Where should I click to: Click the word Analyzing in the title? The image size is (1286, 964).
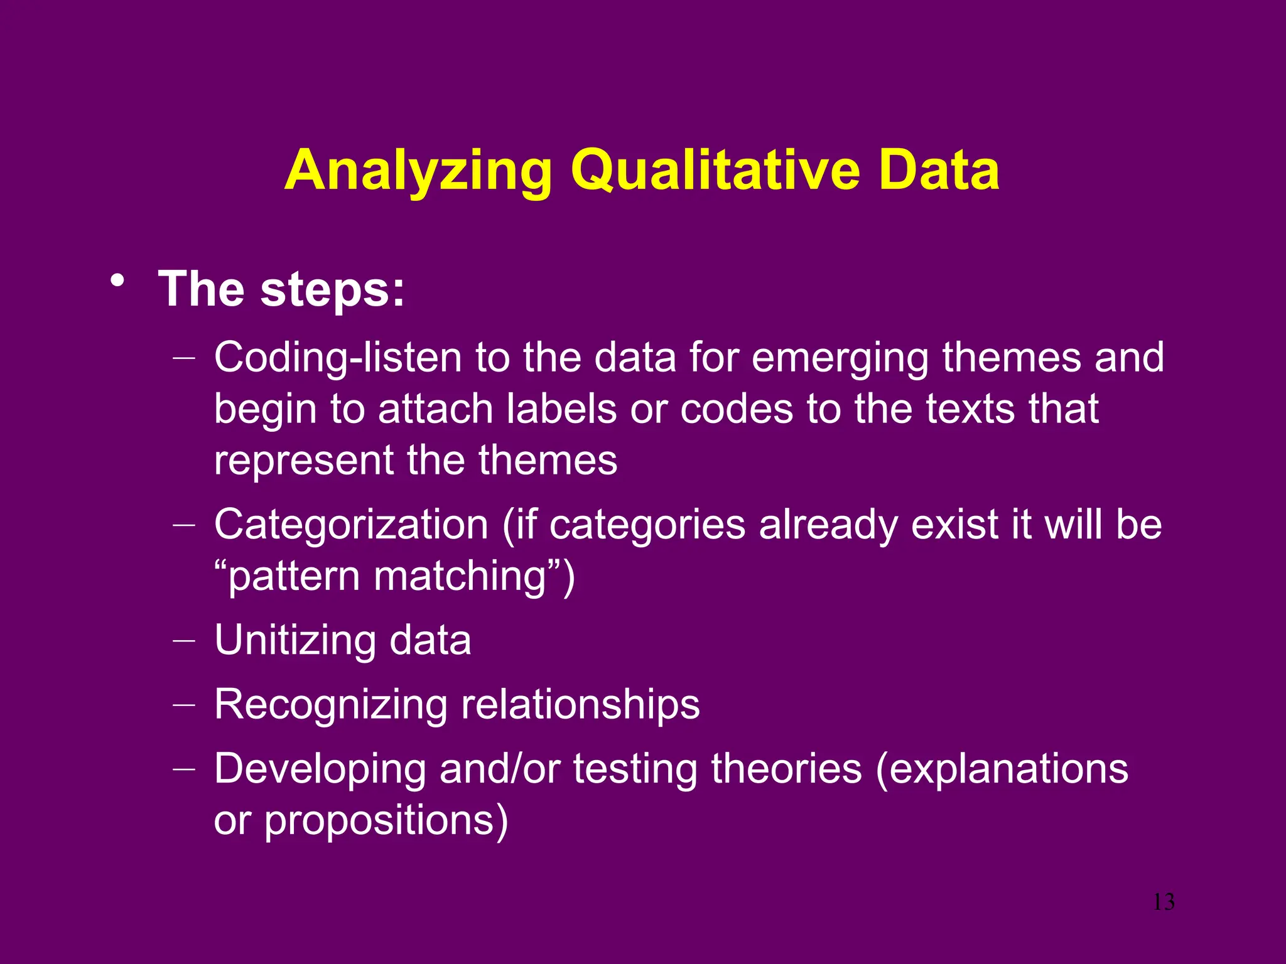click(x=418, y=171)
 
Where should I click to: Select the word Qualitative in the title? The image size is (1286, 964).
click(x=715, y=171)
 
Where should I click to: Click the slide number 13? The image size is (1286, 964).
click(x=1164, y=902)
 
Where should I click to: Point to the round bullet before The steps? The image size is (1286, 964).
click(x=117, y=281)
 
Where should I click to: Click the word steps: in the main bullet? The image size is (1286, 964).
click(x=332, y=289)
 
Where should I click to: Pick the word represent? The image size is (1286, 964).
click(x=303, y=461)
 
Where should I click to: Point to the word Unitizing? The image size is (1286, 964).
click(x=295, y=640)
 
